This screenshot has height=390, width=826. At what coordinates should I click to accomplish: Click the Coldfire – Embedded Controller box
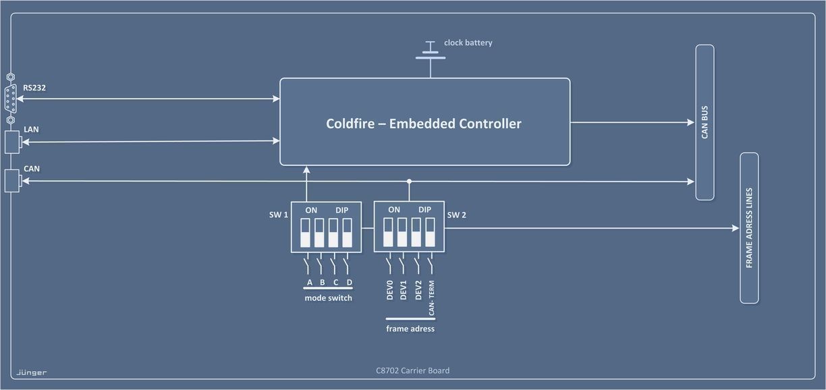(424, 122)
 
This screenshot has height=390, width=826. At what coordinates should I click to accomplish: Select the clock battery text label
(468, 43)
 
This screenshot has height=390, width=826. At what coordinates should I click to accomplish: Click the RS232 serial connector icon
(11, 99)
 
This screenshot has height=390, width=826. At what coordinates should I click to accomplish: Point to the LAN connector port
(12, 142)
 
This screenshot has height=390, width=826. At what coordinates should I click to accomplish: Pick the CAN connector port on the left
(12, 181)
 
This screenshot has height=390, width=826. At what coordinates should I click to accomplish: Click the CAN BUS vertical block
(705, 122)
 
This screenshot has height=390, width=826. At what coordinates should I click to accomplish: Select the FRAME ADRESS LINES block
(749, 228)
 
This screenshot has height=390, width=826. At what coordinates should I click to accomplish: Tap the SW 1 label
(279, 215)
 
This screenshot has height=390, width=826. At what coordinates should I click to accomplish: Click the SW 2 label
(457, 215)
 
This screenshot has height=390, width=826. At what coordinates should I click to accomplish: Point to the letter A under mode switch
(309, 282)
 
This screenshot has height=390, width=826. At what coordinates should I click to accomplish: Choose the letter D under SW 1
(349, 282)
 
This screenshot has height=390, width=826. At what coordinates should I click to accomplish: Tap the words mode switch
(328, 298)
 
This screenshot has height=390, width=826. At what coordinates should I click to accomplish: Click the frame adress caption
(410, 329)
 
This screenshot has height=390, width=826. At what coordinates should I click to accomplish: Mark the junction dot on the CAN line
(409, 181)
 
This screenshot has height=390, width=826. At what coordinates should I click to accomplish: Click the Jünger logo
(31, 372)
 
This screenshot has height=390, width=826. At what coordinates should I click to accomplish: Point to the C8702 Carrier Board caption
(412, 370)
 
